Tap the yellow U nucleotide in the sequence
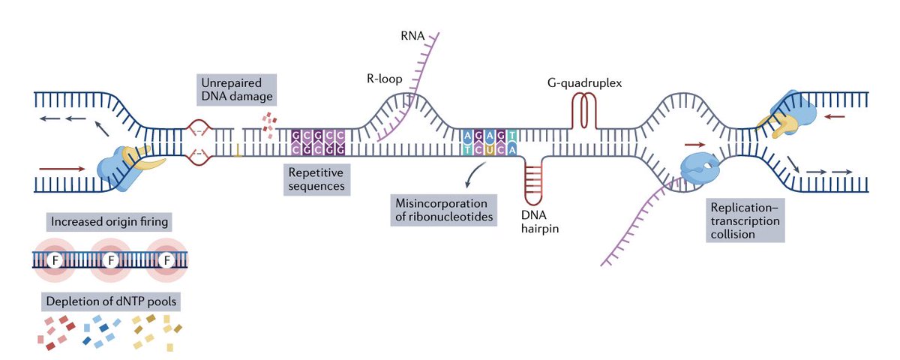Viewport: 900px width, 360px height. pyautogui.click(x=497, y=149)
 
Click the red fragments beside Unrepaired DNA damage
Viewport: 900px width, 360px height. pyautogui.click(x=269, y=120)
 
